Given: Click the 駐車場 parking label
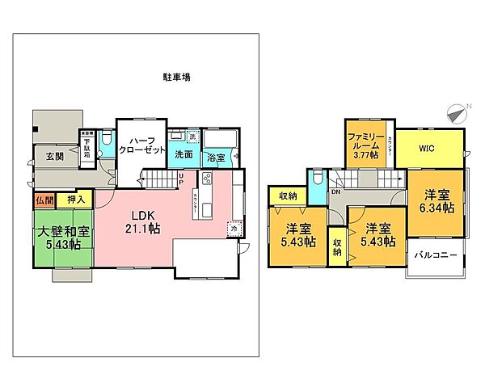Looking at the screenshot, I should pos(175,78).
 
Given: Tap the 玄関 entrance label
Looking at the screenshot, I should pos(54,156).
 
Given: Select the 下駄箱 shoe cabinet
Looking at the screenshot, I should pos(86,148).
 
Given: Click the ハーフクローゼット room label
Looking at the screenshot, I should pos(142,145).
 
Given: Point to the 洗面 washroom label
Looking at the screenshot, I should pos(183,154).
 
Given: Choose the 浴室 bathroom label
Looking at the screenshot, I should pos(215,158).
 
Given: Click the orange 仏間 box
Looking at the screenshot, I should pos(44,199).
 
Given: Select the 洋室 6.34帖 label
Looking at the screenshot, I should pos(437,201).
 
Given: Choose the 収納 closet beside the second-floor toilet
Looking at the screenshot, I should pos(287,196).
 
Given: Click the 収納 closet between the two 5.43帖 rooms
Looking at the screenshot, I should pos(336,245).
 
